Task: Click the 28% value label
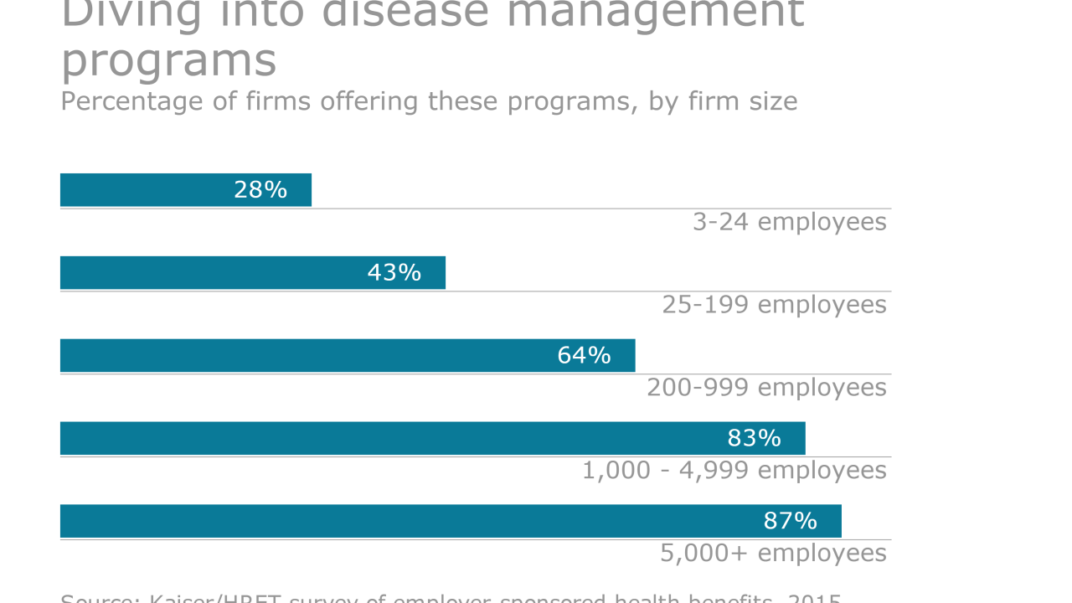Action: point(260,190)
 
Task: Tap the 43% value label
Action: point(394,273)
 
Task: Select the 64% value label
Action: point(584,356)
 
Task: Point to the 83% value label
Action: point(754,438)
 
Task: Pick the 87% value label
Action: point(790,521)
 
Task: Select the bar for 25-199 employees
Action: point(209,273)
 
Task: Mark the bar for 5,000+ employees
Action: point(402,521)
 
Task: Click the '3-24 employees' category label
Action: point(789,222)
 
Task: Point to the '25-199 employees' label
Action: point(774,305)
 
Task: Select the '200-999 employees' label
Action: point(766,388)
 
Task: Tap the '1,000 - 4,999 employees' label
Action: point(734,471)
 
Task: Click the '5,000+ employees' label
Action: point(773,554)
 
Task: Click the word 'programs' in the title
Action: point(168,61)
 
